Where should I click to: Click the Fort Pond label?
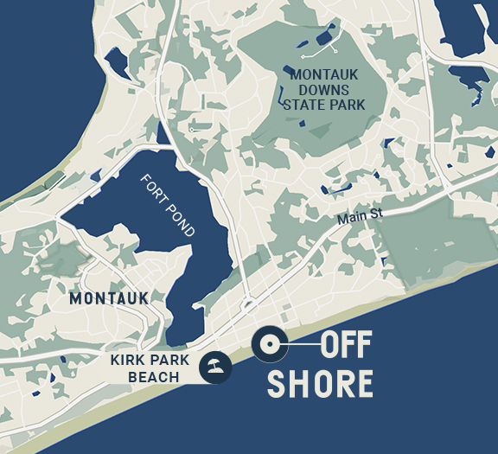pos(169,206)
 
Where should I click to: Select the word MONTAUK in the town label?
pos(109,298)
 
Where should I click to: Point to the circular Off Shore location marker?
pos(269,345)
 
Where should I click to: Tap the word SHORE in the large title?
pos(320,383)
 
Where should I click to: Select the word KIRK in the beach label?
pos(128,361)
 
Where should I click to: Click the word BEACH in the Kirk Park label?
pos(153,377)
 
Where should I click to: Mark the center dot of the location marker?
pos(269,345)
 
